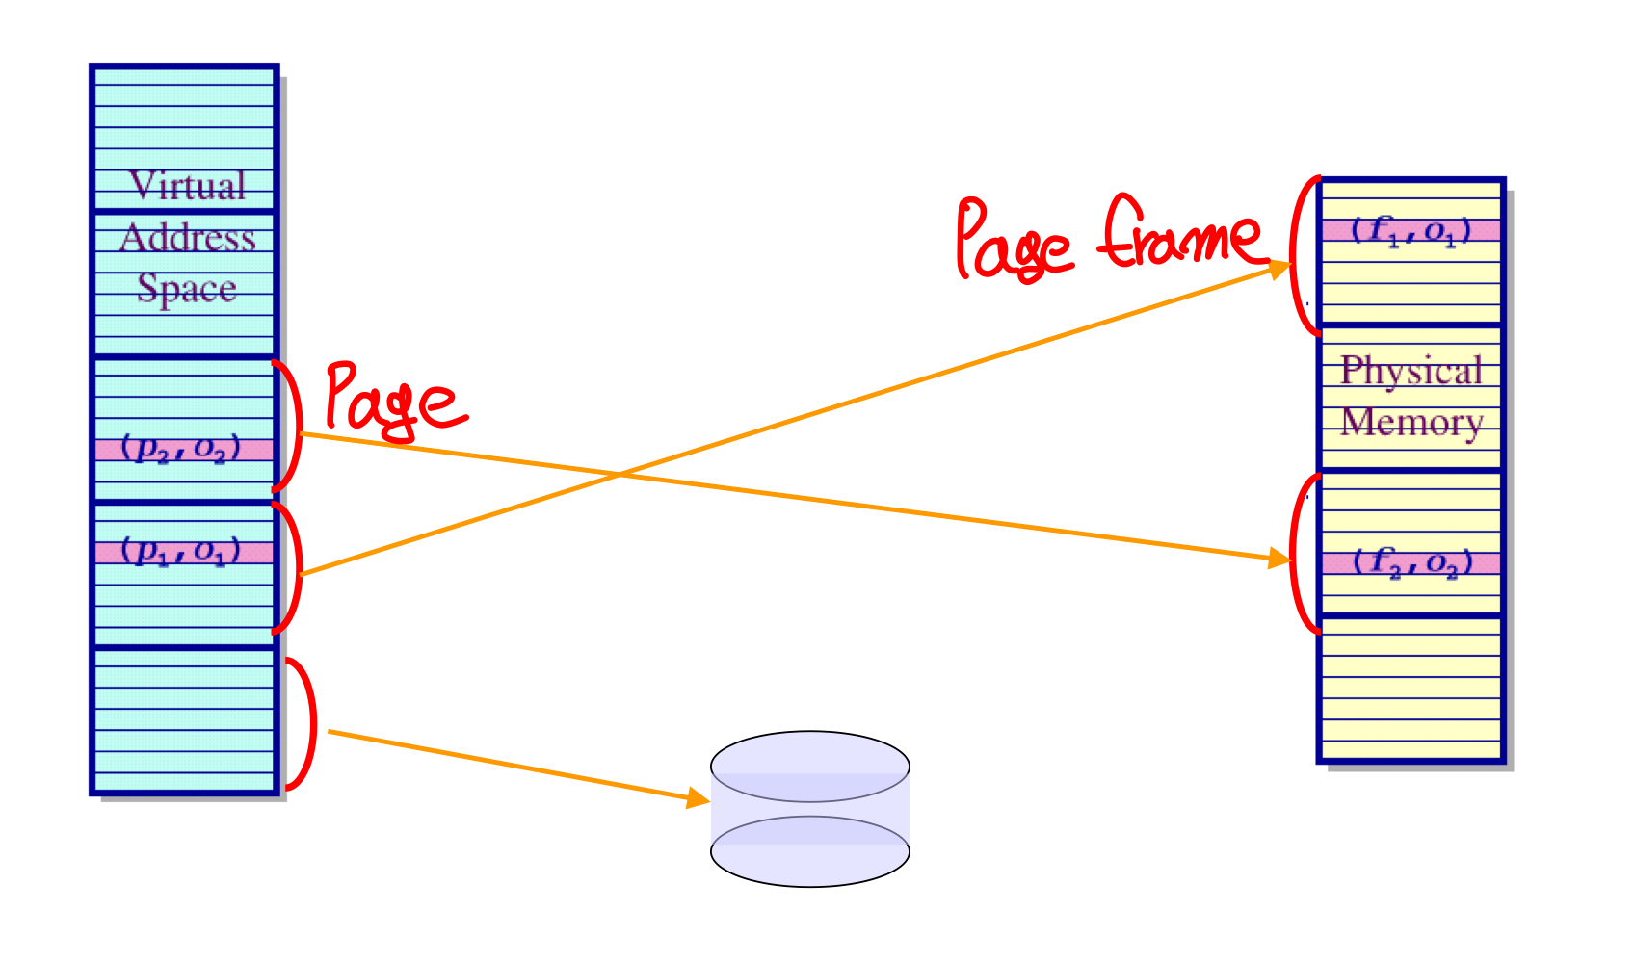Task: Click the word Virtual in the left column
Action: click(x=188, y=186)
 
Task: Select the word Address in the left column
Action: click(x=188, y=238)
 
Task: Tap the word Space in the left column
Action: click(x=187, y=288)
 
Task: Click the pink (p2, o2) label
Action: click(x=181, y=449)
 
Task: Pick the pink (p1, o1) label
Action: click(x=181, y=552)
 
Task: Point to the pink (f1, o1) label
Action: click(x=1411, y=230)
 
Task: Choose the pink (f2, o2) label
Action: click(x=1412, y=562)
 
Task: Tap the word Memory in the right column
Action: click(x=1411, y=422)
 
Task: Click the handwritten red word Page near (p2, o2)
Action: click(x=392, y=400)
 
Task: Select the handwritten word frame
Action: click(x=1181, y=234)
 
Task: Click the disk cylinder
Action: click(x=810, y=809)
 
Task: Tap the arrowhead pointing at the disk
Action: click(x=699, y=798)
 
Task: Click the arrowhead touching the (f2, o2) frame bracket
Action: click(x=1280, y=558)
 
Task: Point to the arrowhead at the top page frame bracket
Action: click(x=1280, y=268)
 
